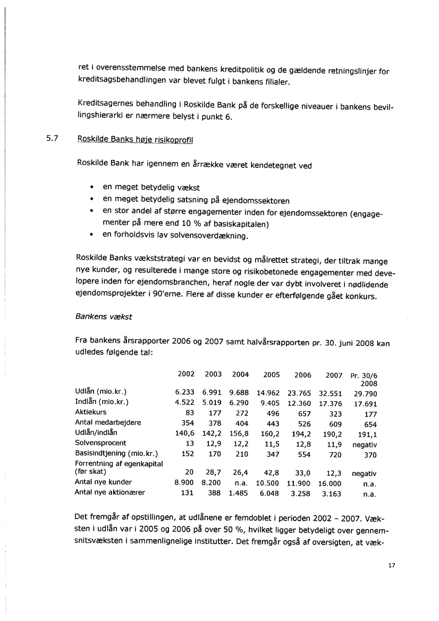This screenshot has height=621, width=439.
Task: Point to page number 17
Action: (x=392, y=566)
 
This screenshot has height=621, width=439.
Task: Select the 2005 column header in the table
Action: (x=271, y=375)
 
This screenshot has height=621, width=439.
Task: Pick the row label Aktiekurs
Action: (x=92, y=412)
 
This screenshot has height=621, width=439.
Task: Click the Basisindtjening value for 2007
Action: (x=335, y=453)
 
